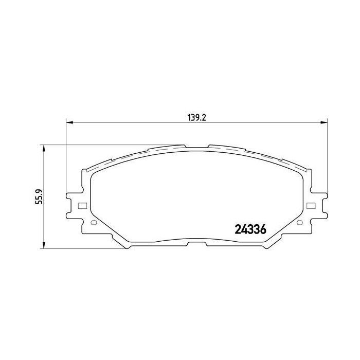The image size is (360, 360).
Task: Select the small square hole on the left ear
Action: tap(81, 207)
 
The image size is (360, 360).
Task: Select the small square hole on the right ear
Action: tap(311, 206)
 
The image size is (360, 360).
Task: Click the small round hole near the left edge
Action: tap(93, 223)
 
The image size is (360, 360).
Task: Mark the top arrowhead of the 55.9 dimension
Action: tap(44, 148)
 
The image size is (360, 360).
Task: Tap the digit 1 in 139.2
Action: tap(189, 117)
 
